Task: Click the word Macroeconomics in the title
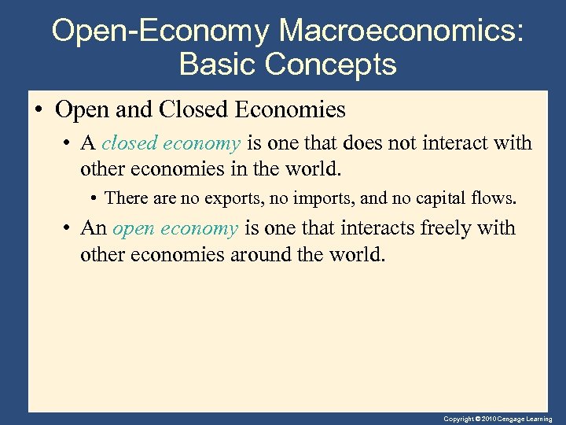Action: tap(401, 31)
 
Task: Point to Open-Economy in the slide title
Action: tap(161, 31)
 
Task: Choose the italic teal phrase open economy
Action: tap(175, 228)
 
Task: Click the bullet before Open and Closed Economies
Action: tap(39, 110)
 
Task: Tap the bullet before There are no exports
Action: tap(94, 198)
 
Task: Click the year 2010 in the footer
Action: tap(489, 419)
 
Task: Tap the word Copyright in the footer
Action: tap(458, 419)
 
